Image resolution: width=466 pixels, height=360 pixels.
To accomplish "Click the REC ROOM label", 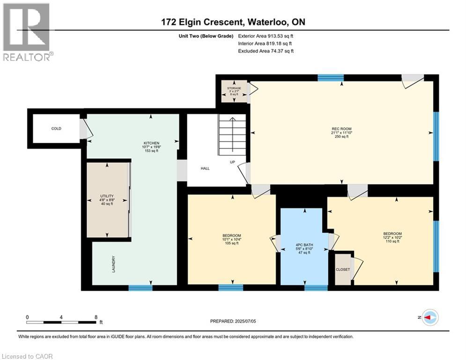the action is [x=341, y=129].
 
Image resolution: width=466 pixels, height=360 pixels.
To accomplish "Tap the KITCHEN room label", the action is [x=152, y=143].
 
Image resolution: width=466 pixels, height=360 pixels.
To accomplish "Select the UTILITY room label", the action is [x=107, y=196].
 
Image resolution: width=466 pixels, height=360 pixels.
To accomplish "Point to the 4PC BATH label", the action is [x=304, y=245].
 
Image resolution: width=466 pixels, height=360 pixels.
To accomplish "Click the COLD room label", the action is [x=56, y=128].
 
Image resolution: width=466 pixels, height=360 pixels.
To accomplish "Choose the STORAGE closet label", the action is [x=234, y=89].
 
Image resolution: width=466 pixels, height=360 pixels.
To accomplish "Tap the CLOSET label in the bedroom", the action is [x=343, y=270].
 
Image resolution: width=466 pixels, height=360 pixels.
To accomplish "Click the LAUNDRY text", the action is [x=113, y=264].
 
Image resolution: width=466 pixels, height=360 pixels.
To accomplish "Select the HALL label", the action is [x=205, y=168].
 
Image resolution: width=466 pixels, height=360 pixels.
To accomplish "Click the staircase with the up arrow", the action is [x=232, y=135].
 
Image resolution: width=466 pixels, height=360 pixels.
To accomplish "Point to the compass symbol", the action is [x=430, y=317].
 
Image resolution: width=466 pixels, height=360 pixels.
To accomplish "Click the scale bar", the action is [x=61, y=322].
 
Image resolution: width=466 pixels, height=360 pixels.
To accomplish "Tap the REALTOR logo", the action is [x=27, y=32].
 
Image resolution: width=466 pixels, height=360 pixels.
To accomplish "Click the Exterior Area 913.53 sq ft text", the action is [x=266, y=36].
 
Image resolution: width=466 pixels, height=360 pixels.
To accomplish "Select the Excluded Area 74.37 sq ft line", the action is [x=266, y=51].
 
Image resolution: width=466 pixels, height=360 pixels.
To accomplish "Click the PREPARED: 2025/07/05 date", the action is [x=233, y=321].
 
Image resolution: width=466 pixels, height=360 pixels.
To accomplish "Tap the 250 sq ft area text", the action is [x=341, y=136].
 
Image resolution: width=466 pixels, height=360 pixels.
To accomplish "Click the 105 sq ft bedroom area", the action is [x=232, y=243].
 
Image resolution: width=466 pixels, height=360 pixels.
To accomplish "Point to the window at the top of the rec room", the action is [x=331, y=78].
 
